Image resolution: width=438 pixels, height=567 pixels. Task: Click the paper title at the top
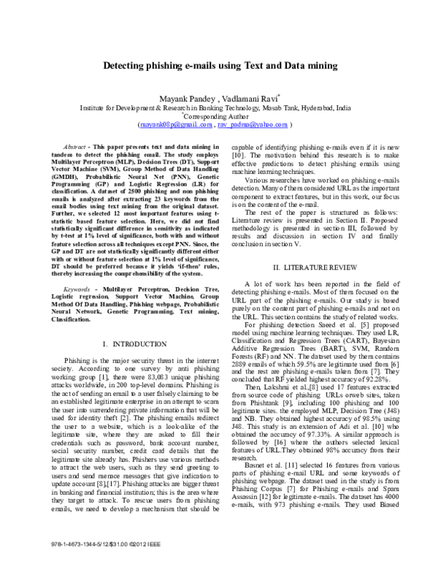219,66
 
